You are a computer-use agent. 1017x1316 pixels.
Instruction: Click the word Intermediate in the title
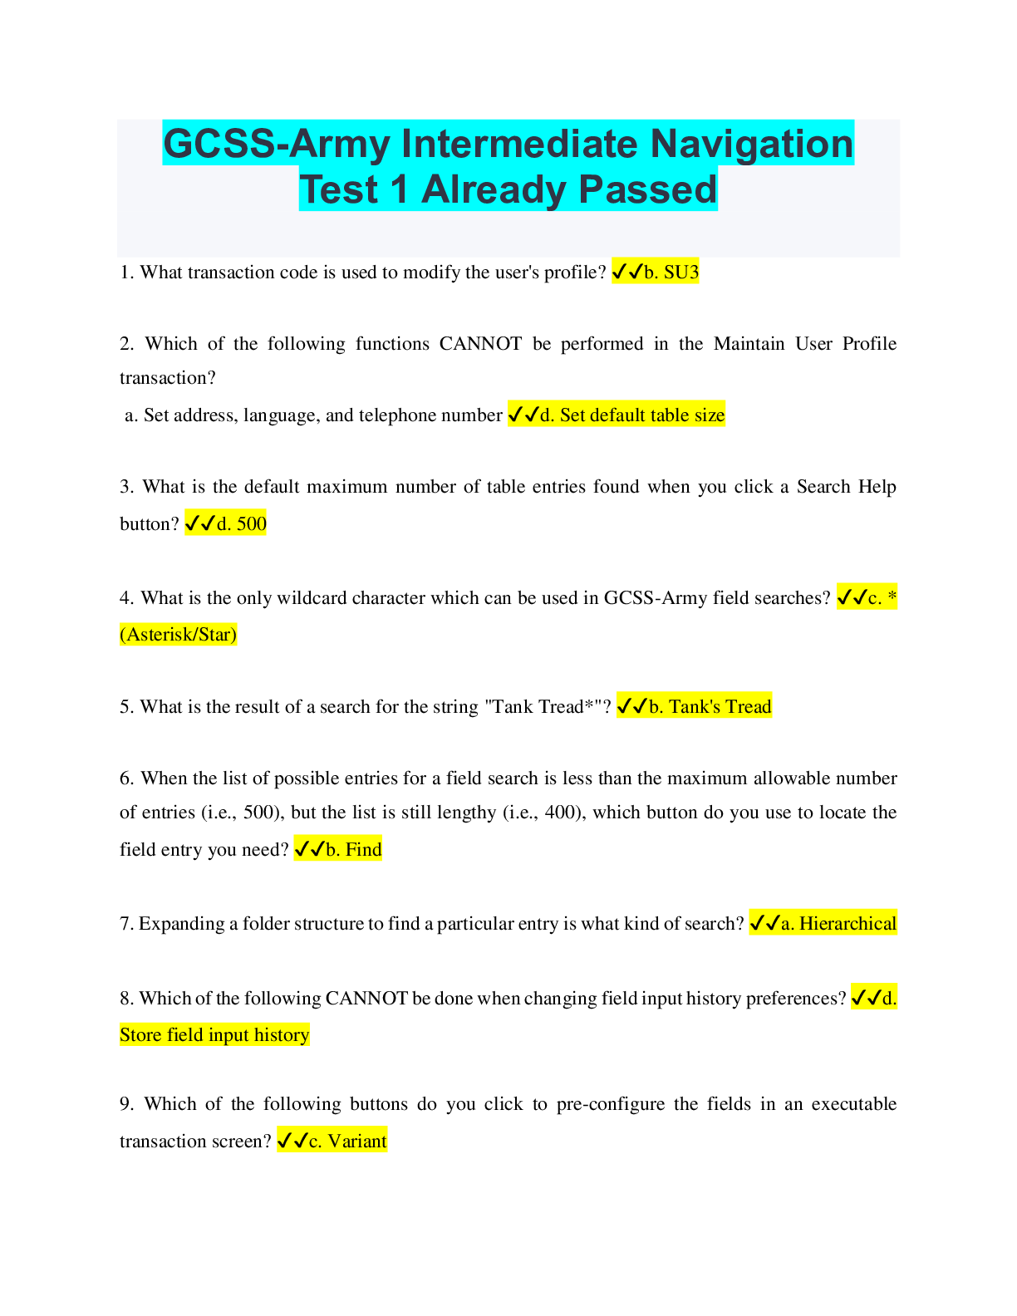(x=519, y=144)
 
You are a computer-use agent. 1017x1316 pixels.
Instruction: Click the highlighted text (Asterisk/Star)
(x=179, y=635)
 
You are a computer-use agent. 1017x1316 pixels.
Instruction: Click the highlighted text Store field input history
(x=214, y=1034)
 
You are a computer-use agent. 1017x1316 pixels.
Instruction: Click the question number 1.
(x=126, y=273)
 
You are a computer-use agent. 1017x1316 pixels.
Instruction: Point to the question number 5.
(x=126, y=707)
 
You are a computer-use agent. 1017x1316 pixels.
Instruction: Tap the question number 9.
(x=126, y=1104)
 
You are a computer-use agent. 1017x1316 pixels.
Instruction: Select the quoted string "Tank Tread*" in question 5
(x=543, y=707)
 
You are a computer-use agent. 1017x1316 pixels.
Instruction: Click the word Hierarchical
(x=847, y=923)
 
